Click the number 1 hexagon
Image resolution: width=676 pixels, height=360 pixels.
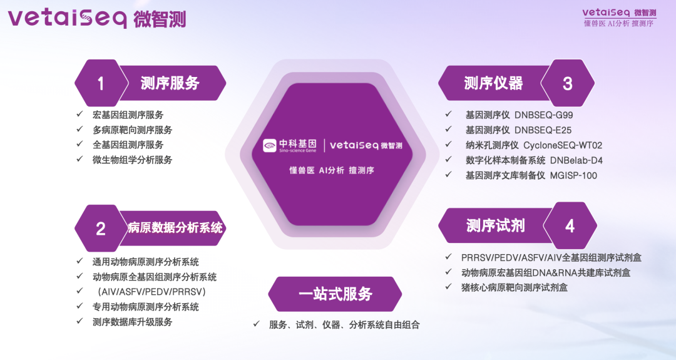coord(101,83)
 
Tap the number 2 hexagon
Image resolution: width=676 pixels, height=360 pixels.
coord(101,228)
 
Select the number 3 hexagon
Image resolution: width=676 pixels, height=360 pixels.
coord(567,83)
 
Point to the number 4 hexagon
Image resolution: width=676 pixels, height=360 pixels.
coord(570,225)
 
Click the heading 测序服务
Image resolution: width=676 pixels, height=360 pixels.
coord(170,83)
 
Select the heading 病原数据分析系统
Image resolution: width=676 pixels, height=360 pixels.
coord(175,228)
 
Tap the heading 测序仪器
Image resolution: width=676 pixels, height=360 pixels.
coord(493,83)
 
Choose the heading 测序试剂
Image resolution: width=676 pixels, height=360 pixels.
coord(495,225)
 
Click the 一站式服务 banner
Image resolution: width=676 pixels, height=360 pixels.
coord(335,294)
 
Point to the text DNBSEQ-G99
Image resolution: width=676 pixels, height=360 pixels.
coord(544,115)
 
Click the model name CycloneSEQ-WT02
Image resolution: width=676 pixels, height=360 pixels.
coord(563,145)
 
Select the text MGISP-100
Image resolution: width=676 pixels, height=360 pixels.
coord(573,175)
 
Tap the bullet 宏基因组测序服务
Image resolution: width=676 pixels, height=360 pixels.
coord(128,115)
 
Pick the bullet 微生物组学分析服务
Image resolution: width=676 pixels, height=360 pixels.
coord(132,160)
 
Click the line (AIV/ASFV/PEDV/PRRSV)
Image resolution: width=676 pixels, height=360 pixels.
coord(151,292)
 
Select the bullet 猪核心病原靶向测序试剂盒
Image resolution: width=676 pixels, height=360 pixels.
coord(515,287)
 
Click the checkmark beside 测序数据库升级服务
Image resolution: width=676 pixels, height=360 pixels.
coord(79,321)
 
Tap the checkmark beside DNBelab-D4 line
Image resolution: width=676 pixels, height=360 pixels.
coord(448,159)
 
